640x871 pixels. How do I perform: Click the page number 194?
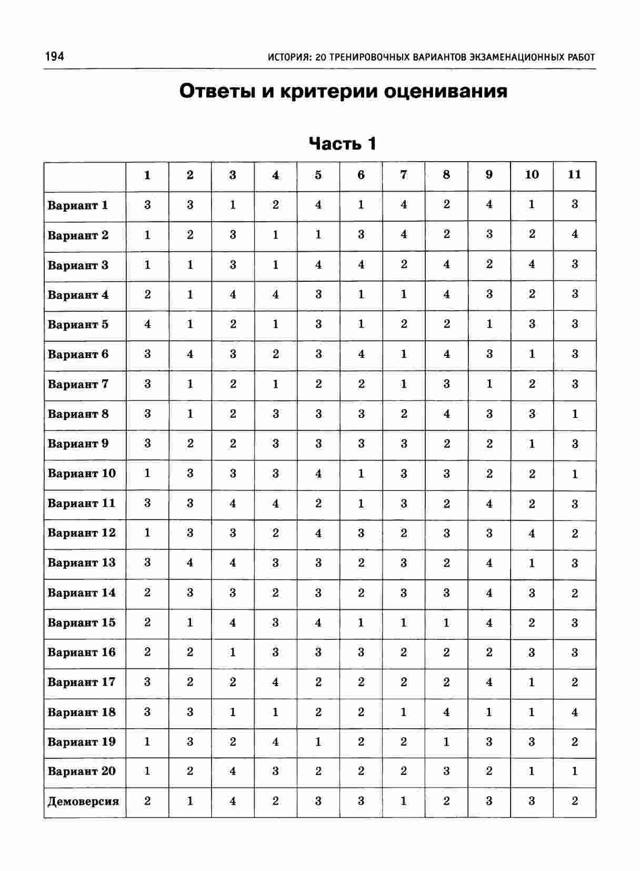[x=54, y=56]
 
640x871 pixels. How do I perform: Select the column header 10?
[x=532, y=175]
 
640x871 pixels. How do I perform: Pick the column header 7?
[x=404, y=175]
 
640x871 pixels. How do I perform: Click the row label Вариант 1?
[x=78, y=205]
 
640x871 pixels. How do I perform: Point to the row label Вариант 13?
[x=82, y=563]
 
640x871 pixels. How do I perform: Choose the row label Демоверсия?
[x=83, y=801]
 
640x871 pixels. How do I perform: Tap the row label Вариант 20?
[x=82, y=771]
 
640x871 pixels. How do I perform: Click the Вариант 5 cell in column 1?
[x=147, y=324]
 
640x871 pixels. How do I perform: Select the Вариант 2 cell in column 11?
[x=575, y=234]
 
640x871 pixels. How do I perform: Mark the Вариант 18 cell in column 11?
[x=575, y=712]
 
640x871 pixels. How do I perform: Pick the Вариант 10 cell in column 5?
[x=318, y=473]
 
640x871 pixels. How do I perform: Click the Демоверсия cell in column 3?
[x=233, y=801]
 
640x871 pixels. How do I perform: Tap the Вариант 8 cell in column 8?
[x=446, y=414]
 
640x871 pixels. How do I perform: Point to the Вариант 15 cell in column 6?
[x=361, y=622]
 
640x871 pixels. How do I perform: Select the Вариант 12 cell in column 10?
[x=532, y=533]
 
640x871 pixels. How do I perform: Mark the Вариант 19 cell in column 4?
[x=276, y=742]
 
